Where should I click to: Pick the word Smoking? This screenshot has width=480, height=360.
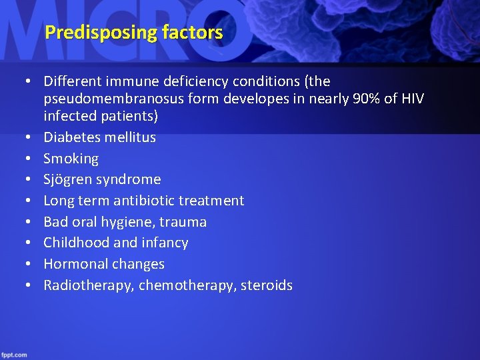(71, 159)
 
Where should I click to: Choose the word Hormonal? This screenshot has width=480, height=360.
(73, 264)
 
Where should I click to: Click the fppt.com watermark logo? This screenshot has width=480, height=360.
(15, 354)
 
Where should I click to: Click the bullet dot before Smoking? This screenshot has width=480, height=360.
(29, 159)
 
